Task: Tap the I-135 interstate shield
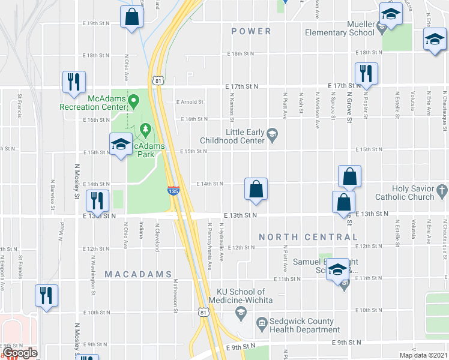click(173, 190)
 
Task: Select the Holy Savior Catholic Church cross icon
click(442, 192)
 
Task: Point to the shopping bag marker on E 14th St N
click(256, 189)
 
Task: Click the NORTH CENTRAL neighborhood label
click(308, 238)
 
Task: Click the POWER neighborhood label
click(251, 31)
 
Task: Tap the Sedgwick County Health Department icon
click(262, 325)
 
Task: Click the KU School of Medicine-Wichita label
click(241, 296)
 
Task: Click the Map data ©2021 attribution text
click(423, 355)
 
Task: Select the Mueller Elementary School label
click(340, 29)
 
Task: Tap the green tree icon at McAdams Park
click(145, 129)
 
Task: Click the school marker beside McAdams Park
click(120, 144)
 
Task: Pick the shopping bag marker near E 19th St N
click(131, 17)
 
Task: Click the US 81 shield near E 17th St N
click(157, 80)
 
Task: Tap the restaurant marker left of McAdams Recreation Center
click(74, 82)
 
